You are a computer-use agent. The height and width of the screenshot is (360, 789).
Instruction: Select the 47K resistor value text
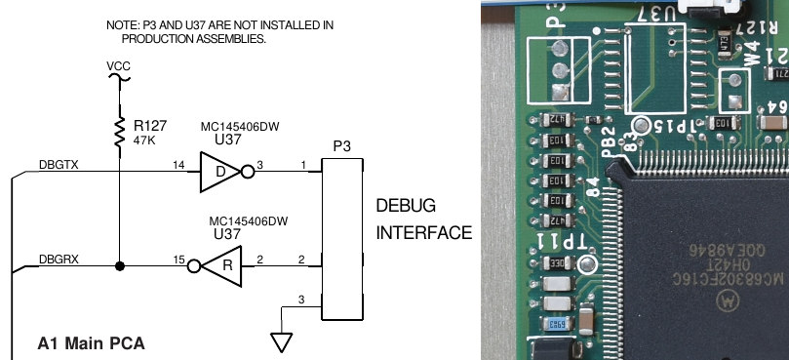(x=146, y=140)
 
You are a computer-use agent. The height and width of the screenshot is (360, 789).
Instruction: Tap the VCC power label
(x=118, y=67)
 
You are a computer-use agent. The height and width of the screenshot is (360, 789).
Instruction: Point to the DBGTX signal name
(x=59, y=165)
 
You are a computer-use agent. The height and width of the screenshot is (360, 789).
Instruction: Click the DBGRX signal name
(x=59, y=260)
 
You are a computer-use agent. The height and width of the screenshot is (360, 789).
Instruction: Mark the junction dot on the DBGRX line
(x=118, y=265)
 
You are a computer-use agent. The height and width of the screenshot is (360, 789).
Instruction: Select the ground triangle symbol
(x=282, y=342)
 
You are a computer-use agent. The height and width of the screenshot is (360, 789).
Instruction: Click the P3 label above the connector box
(x=342, y=145)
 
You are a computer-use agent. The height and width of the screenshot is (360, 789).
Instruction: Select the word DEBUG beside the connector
(x=406, y=207)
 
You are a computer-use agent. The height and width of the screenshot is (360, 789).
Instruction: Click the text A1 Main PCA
(x=91, y=343)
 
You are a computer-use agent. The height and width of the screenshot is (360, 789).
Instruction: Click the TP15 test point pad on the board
(x=641, y=125)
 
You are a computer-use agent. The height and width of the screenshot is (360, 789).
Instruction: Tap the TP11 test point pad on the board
(x=587, y=264)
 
